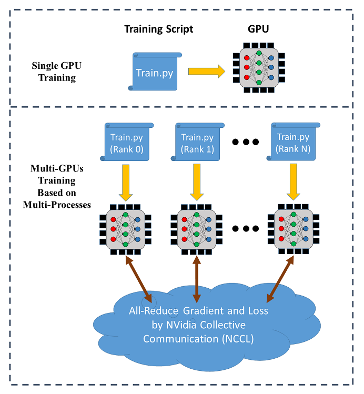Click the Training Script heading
click(158, 29)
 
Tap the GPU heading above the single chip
click(259, 29)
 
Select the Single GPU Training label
click(53, 73)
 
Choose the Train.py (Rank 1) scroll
click(197, 142)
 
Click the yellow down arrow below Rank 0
click(126, 182)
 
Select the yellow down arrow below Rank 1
click(197, 182)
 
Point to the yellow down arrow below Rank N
click(293, 182)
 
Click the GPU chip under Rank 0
click(126, 229)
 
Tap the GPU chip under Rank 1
click(197, 229)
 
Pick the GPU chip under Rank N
click(293, 229)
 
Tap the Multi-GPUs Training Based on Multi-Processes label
click(53, 180)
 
